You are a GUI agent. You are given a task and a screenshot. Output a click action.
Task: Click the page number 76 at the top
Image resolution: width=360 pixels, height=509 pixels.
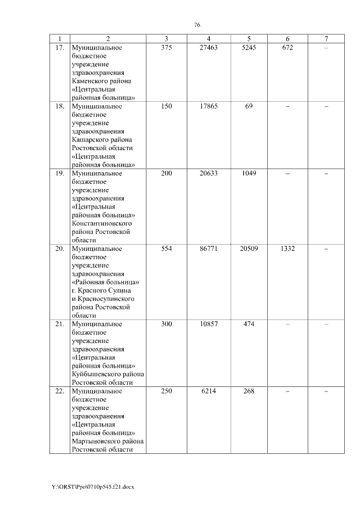pyautogui.click(x=197, y=25)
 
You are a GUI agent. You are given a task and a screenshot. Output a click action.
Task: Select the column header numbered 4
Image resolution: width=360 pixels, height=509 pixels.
pyautogui.click(x=209, y=39)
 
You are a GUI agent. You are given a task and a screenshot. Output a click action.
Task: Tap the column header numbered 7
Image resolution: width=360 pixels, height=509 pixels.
pyautogui.click(x=326, y=39)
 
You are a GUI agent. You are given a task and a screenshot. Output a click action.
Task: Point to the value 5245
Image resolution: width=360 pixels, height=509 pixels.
pyautogui.click(x=249, y=48)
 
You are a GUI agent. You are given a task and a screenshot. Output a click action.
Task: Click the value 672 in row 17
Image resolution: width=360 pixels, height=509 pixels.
pyautogui.click(x=287, y=48)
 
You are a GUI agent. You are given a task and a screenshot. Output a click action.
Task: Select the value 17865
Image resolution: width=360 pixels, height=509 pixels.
pyautogui.click(x=209, y=106)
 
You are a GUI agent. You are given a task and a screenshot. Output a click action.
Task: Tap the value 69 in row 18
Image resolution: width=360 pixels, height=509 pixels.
pyautogui.click(x=249, y=106)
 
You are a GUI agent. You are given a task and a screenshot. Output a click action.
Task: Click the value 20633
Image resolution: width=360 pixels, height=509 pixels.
pyautogui.click(x=209, y=173)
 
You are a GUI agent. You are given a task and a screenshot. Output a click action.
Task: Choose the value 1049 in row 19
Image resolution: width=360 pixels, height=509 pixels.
pyautogui.click(x=249, y=173)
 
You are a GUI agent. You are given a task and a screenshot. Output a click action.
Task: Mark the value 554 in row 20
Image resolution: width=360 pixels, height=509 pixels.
pyautogui.click(x=166, y=248)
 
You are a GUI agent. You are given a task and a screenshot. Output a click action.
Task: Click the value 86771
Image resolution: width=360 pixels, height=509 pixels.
pyautogui.click(x=209, y=248)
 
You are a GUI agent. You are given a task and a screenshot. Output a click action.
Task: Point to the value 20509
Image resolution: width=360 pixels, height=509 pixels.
pyautogui.click(x=249, y=248)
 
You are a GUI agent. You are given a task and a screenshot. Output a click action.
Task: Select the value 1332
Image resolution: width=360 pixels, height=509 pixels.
pyautogui.click(x=287, y=248)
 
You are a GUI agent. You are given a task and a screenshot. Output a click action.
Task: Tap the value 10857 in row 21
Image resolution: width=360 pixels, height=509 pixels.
pyautogui.click(x=209, y=324)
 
